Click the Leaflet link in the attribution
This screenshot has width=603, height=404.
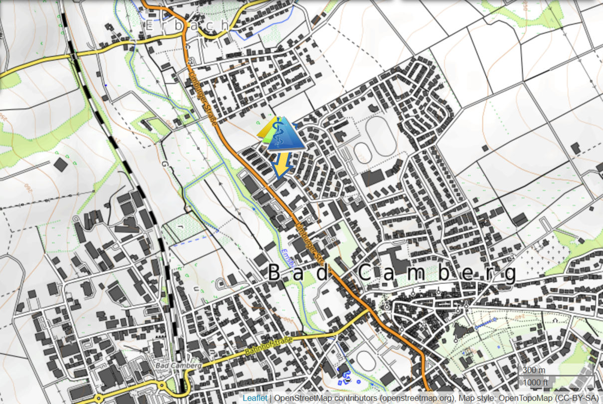pyautogui.click(x=254, y=398)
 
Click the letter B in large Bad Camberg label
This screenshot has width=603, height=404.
pyautogui.click(x=274, y=273)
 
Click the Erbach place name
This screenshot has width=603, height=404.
pyautogui.click(x=187, y=25)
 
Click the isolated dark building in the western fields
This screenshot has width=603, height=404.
pyautogui.click(x=60, y=164)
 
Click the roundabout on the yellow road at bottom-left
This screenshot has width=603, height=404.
pyautogui.click(x=163, y=385)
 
